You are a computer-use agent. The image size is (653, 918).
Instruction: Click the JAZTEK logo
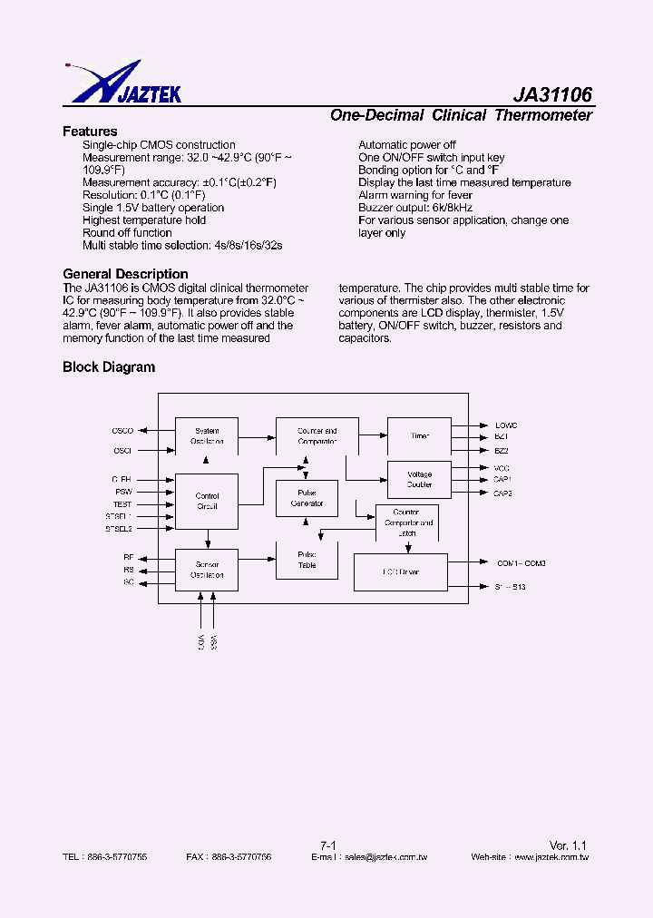tap(123, 83)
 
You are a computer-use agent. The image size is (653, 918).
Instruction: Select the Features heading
tap(90, 132)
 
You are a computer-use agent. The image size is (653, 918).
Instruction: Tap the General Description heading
tap(125, 274)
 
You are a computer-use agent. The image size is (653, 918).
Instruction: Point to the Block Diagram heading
tap(109, 367)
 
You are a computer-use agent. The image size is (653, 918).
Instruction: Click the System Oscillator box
tap(206, 436)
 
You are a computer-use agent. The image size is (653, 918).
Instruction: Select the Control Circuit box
tap(207, 501)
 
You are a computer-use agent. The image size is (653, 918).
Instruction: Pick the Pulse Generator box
tap(307, 498)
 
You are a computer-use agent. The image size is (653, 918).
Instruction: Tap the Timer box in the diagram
tap(419, 436)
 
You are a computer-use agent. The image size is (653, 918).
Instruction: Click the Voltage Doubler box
tap(419, 479)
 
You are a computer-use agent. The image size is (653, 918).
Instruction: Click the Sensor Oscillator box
tap(207, 570)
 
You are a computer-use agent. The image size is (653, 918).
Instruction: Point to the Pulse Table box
tap(307, 560)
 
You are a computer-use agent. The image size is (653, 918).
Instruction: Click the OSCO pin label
tap(122, 431)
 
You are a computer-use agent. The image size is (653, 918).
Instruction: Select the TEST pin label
tap(122, 503)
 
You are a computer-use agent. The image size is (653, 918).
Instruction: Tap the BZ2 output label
tap(502, 450)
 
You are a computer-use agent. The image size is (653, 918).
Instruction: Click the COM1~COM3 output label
tap(521, 563)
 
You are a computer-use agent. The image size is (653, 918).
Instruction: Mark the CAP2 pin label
tap(502, 493)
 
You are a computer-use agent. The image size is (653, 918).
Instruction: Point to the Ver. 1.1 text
tap(570, 845)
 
